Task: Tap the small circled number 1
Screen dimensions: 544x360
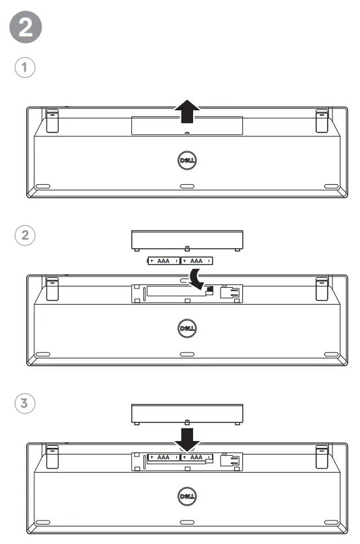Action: pos(26,67)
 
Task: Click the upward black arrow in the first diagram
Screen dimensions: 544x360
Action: pos(187,112)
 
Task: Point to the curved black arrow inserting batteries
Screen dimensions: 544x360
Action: pos(197,278)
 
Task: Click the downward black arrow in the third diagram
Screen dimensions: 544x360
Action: pos(187,437)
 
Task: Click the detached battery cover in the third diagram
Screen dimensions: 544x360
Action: pos(186,412)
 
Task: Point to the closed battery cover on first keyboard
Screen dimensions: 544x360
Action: pos(186,124)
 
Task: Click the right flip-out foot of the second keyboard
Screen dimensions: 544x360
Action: pos(322,288)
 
